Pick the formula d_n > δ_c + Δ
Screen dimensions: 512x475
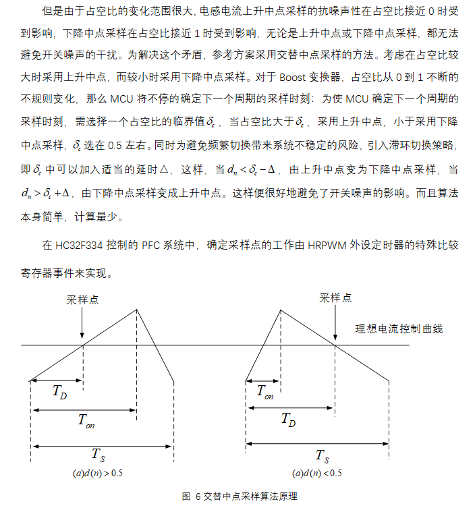tap(47, 192)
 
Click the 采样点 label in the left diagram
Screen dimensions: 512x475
tap(82, 300)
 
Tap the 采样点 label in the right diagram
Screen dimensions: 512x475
tap(335, 297)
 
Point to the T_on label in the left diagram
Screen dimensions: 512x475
tap(86, 422)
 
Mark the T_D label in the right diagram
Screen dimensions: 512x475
tap(289, 420)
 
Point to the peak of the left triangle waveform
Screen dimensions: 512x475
tap(137, 309)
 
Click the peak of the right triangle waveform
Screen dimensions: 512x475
tap(280, 309)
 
